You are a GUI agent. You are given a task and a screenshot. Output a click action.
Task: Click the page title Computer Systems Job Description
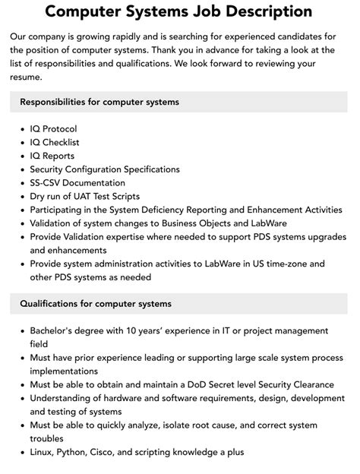point(179,11)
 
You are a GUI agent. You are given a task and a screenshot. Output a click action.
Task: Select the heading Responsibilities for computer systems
point(99,102)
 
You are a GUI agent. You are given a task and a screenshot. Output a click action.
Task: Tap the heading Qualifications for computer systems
point(96,304)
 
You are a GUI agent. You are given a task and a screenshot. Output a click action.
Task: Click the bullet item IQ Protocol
point(53,129)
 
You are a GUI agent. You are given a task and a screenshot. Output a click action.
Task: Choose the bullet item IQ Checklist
point(55,142)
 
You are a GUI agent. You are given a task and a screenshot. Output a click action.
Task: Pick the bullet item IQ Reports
point(52,156)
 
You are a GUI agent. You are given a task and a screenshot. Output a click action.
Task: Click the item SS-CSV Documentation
point(77,183)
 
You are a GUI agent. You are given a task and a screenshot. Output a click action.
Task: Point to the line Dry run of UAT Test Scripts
point(86,196)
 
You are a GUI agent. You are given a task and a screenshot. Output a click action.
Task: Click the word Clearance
point(309,384)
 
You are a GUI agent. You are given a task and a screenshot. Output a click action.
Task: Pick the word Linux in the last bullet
point(44,452)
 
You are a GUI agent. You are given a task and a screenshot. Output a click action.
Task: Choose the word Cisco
point(116,452)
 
